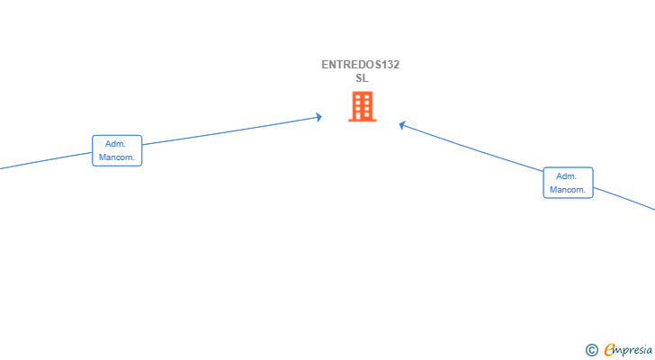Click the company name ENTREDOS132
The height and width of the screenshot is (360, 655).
point(361,65)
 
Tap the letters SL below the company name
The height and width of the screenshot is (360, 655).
point(362,78)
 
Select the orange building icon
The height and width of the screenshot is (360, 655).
point(362,107)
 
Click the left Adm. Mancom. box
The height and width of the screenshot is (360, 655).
point(117,150)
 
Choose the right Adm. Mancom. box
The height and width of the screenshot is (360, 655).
point(568,183)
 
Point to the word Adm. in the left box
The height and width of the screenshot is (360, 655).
point(116,144)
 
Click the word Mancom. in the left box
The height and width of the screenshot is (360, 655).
point(117,157)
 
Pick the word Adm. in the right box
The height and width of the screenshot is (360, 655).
point(567,176)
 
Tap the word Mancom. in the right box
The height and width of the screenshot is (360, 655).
point(568,190)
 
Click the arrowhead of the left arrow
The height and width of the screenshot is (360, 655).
point(319,117)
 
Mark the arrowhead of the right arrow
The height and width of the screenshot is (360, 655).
point(402,125)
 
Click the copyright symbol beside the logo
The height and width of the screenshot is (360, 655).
point(591,350)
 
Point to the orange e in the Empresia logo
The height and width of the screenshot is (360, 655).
point(609,350)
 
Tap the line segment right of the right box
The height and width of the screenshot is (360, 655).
point(625,200)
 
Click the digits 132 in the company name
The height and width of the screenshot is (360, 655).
point(390,65)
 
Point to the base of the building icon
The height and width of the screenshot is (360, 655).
point(362,120)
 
